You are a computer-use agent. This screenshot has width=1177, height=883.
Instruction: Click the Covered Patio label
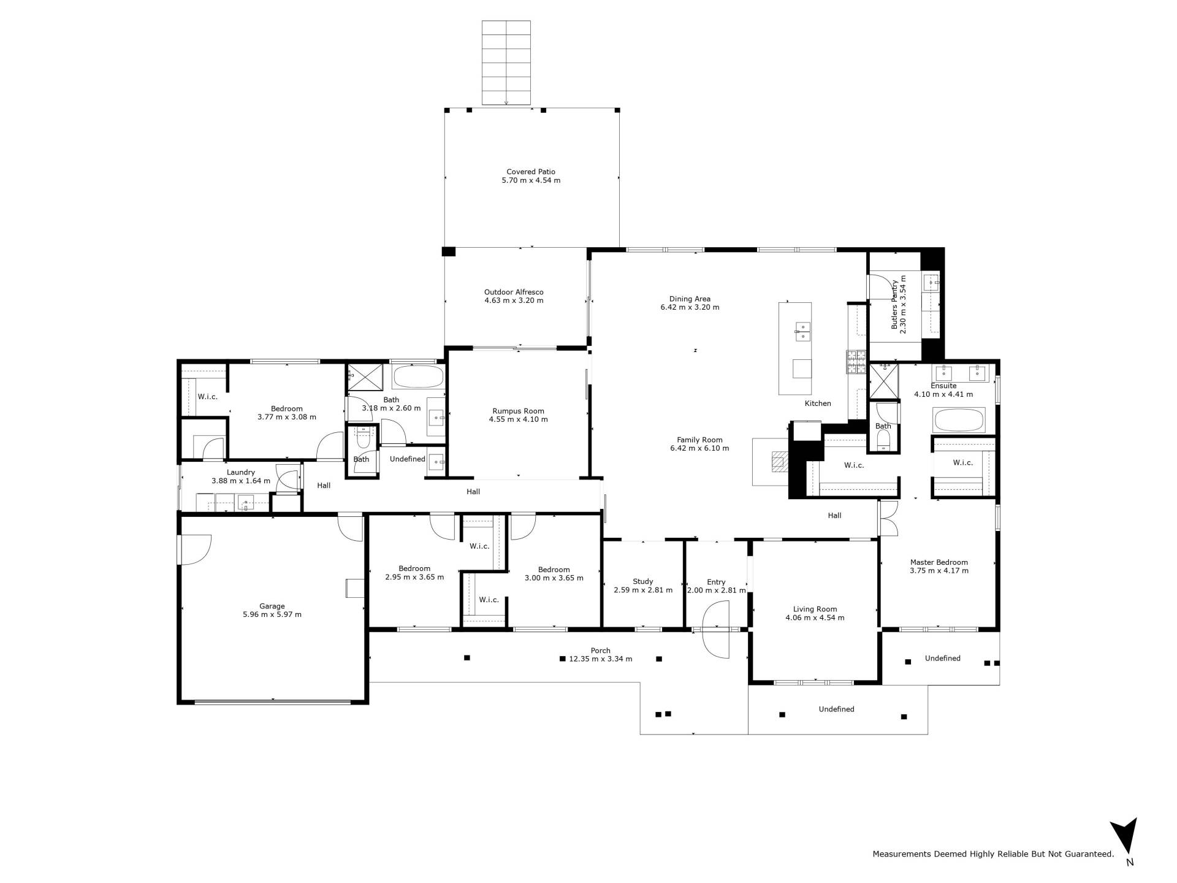(x=531, y=176)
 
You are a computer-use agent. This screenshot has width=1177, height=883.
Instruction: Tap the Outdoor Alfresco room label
(x=514, y=296)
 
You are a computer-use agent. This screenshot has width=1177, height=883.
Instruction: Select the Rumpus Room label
(x=518, y=415)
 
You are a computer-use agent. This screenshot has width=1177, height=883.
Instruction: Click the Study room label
(x=643, y=586)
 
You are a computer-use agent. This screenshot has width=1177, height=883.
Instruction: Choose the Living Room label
(x=815, y=613)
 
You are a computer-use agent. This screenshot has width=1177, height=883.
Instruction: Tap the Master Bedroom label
(x=939, y=566)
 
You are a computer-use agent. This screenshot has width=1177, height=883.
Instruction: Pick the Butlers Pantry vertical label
(x=899, y=304)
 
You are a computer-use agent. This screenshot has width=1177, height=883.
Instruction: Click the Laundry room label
(x=241, y=476)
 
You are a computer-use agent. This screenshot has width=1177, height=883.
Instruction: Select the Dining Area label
(x=690, y=303)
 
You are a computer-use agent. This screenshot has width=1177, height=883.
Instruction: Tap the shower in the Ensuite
(x=884, y=381)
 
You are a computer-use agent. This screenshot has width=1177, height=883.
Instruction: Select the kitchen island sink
(x=802, y=332)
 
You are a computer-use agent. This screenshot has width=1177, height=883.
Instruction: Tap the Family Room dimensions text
(x=699, y=448)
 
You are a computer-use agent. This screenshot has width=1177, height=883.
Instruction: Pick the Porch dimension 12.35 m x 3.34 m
(x=601, y=659)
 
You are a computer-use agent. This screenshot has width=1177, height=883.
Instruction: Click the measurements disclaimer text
(x=993, y=854)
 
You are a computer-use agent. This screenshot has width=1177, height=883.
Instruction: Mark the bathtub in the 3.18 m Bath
(x=418, y=377)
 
